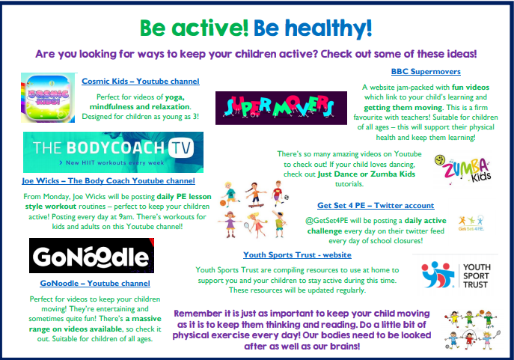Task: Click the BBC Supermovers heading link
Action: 426,71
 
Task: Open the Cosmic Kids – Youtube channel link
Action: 141,82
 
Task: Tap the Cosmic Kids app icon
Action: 48,98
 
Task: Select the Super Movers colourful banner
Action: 281,108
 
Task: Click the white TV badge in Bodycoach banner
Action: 181,148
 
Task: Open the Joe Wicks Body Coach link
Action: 108,181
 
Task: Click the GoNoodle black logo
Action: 91,256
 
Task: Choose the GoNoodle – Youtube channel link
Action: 95,283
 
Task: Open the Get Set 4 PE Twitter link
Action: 376,206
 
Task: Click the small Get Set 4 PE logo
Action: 471,223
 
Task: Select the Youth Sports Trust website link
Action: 297,255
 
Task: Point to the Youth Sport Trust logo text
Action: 477,276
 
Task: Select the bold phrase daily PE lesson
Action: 184,197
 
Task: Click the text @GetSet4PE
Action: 326,221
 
